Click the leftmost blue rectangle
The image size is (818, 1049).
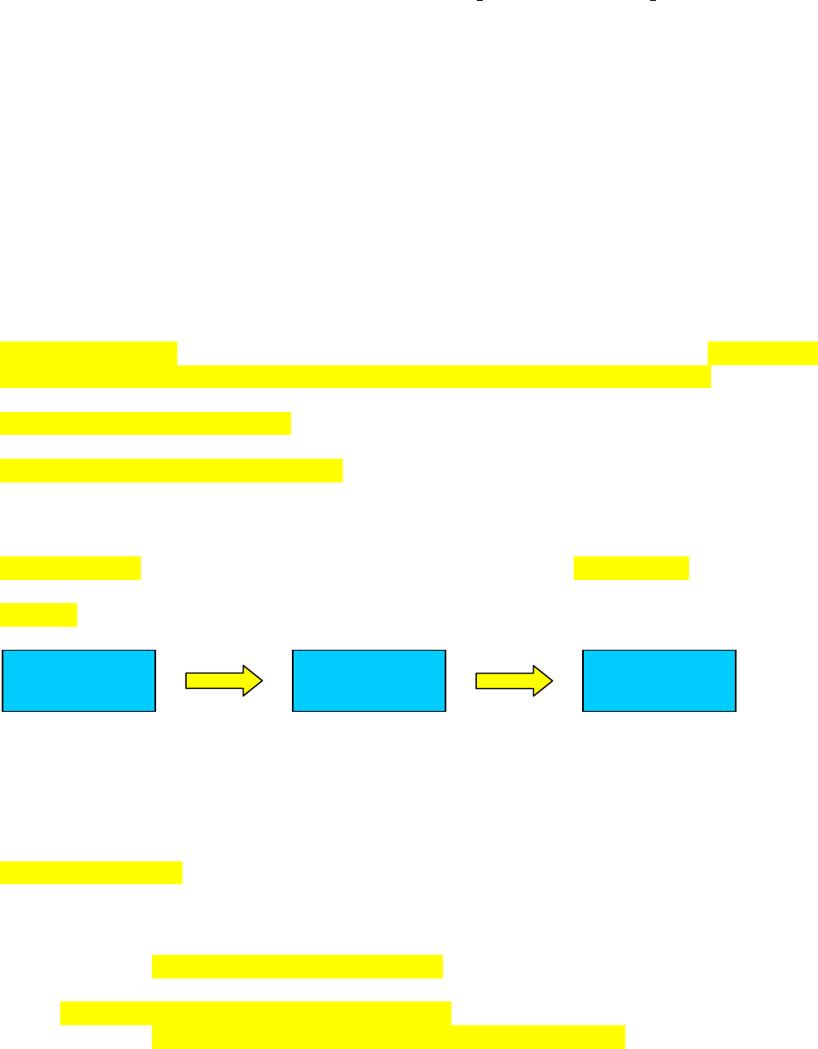(x=79, y=680)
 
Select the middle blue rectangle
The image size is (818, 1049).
(x=369, y=680)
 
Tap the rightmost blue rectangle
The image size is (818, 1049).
(x=659, y=680)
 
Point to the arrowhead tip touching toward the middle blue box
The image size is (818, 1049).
(x=262, y=680)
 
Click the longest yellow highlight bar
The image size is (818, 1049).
(x=355, y=376)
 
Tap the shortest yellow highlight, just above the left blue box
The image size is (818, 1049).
(x=39, y=614)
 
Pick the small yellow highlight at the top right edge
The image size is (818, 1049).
(x=762, y=352)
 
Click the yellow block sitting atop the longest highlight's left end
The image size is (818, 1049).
(x=88, y=352)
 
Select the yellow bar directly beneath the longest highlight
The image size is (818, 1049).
(x=145, y=423)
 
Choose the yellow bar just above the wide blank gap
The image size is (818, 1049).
(x=171, y=471)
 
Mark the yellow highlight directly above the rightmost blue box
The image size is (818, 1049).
(x=630, y=568)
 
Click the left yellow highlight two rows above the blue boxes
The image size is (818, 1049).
(x=70, y=568)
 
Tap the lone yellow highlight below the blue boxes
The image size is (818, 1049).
(x=91, y=872)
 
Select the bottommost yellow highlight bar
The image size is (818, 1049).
(x=388, y=1037)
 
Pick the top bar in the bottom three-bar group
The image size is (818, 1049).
(x=297, y=966)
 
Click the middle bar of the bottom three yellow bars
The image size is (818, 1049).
(x=255, y=1013)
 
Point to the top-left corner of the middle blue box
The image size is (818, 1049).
(x=293, y=651)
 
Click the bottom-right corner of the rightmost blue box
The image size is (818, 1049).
(x=735, y=710)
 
